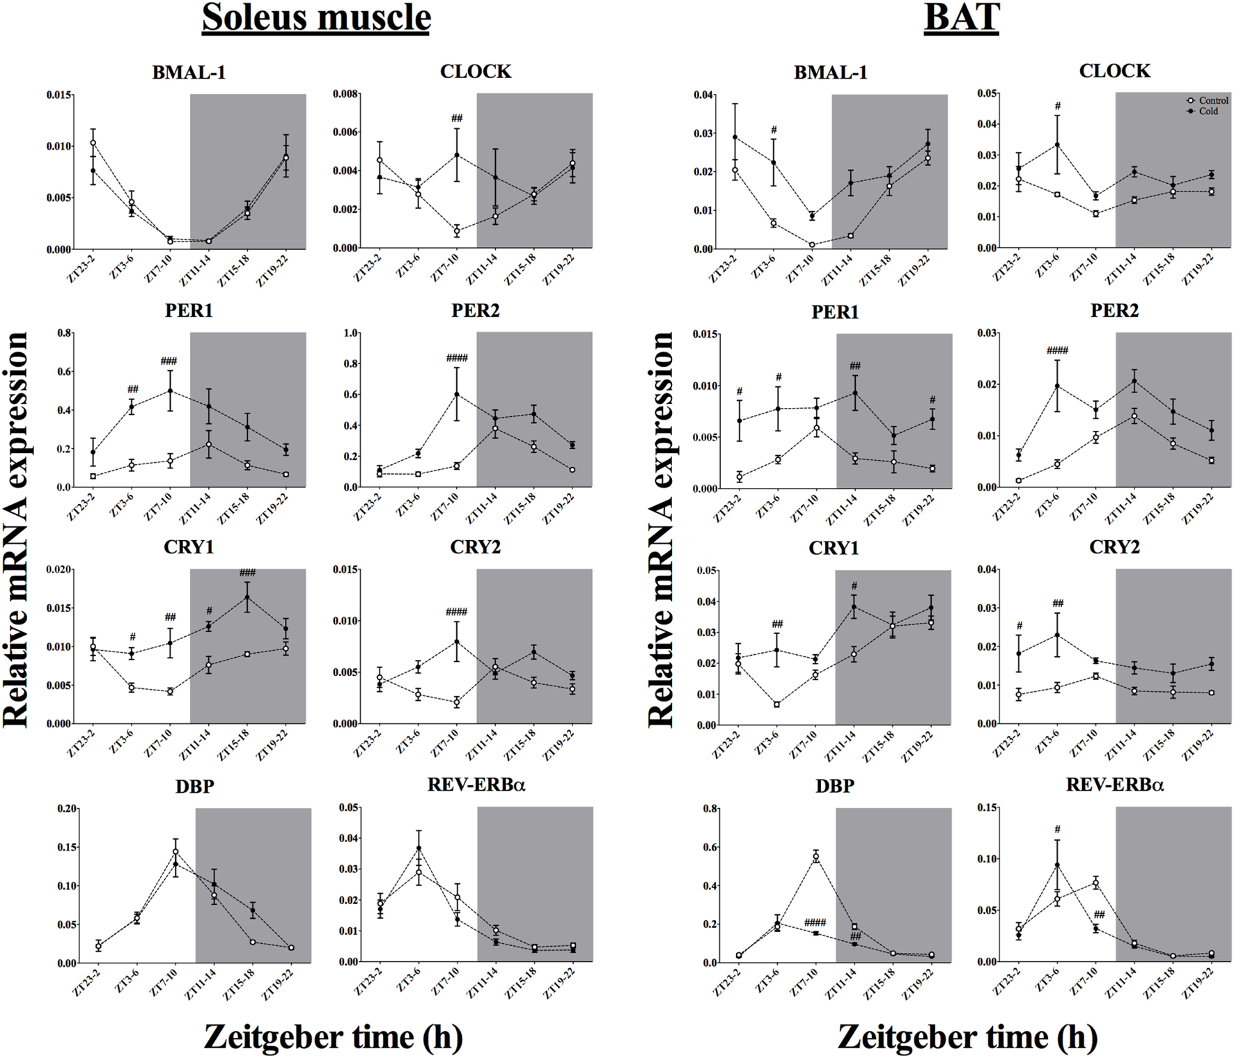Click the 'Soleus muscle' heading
point(316,17)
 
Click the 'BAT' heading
point(962,17)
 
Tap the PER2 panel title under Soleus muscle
point(476,310)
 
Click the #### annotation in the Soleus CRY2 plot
point(457,613)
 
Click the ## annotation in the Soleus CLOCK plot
point(457,118)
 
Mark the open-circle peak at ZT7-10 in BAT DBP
point(815,857)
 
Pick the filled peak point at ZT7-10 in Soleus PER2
point(457,395)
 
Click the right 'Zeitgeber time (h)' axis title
point(967,1036)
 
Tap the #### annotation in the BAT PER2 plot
point(1057,351)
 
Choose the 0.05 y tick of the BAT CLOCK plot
point(987,94)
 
